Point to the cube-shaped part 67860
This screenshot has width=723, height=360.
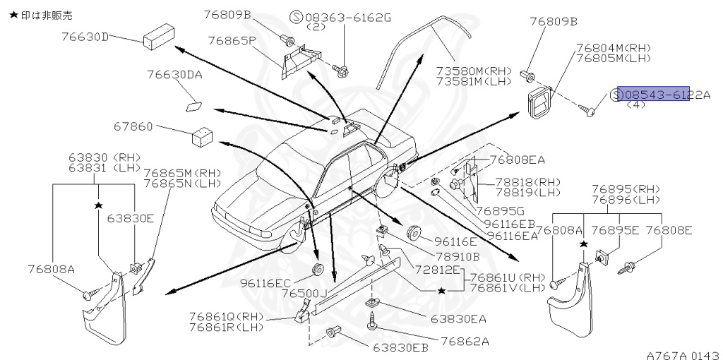pyautogui.click(x=202, y=135)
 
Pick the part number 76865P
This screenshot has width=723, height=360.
pyautogui.click(x=232, y=40)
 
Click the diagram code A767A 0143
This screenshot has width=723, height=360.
pyautogui.click(x=681, y=353)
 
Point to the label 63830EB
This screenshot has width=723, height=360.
pyautogui.click(x=400, y=347)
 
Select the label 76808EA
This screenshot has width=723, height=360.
pyautogui.click(x=517, y=160)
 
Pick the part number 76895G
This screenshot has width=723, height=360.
pyautogui.click(x=500, y=210)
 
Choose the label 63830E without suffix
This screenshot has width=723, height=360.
pyautogui.click(x=130, y=218)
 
